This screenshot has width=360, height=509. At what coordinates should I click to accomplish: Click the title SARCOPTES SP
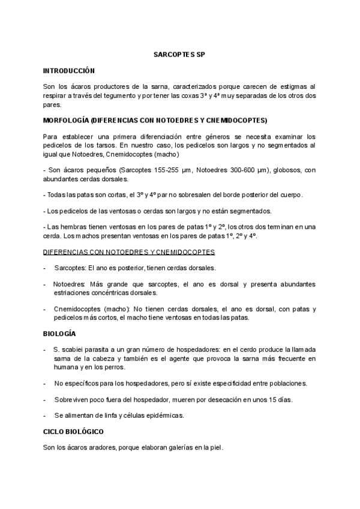coord(179,54)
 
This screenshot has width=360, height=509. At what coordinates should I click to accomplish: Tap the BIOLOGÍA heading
coord(59,333)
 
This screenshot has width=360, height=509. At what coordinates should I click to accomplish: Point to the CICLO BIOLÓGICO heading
coord(74,432)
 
